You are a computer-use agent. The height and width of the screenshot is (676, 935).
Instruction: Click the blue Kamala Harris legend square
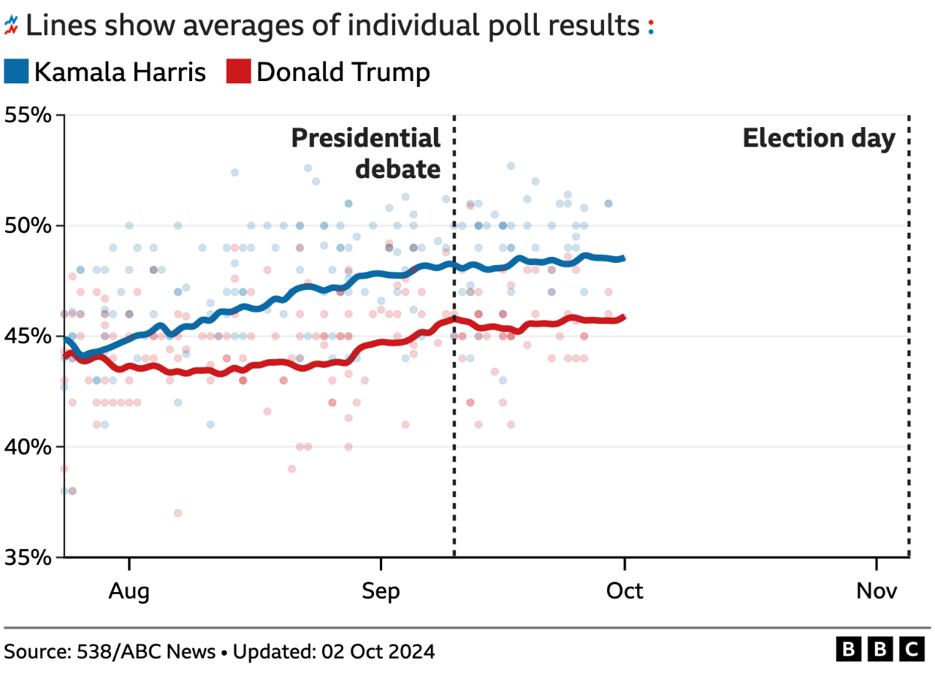coord(16,72)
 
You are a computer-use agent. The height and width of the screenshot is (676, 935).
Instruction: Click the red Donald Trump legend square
coord(239,72)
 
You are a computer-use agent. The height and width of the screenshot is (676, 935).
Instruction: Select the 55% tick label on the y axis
coord(28,115)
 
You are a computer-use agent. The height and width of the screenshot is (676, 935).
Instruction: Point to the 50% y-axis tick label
coord(28,226)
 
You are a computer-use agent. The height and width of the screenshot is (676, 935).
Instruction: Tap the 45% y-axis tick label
coord(28,336)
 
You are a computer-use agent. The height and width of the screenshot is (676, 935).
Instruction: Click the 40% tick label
coord(28,446)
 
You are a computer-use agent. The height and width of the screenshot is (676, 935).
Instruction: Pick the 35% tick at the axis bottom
coord(28,557)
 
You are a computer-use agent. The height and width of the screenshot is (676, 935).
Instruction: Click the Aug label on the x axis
coord(129,591)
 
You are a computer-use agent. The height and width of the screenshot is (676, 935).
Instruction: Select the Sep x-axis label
coord(381,591)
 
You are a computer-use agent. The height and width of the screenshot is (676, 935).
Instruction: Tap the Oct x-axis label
coord(625,591)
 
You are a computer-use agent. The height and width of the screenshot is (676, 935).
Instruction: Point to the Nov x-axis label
coord(876,591)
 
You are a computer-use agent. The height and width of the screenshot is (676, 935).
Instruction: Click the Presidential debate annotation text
coord(367,153)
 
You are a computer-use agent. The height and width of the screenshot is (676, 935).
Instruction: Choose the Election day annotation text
coord(818,139)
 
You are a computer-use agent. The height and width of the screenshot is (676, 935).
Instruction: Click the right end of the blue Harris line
coord(623,258)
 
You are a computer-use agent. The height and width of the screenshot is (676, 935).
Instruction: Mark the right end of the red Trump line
coord(623,317)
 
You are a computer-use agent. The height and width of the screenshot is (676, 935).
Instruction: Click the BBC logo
coord(880,649)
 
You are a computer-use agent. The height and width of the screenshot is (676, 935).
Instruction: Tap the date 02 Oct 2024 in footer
coord(378,651)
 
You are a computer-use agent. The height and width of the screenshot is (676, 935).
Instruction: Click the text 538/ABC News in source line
coord(146,651)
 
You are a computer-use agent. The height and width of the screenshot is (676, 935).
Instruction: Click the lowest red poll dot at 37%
coord(178,513)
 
